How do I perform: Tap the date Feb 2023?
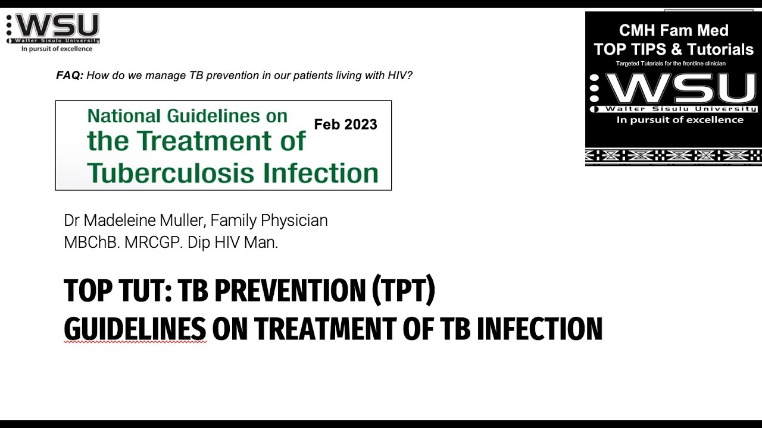tap(345, 124)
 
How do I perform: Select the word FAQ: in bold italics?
tap(70, 75)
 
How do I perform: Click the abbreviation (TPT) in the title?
tap(403, 291)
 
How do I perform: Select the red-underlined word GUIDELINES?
tap(135, 329)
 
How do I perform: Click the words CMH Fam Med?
tap(673, 30)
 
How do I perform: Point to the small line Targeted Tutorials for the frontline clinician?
tap(670, 64)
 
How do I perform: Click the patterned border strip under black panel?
tap(673, 156)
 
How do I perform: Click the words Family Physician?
tap(269, 221)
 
